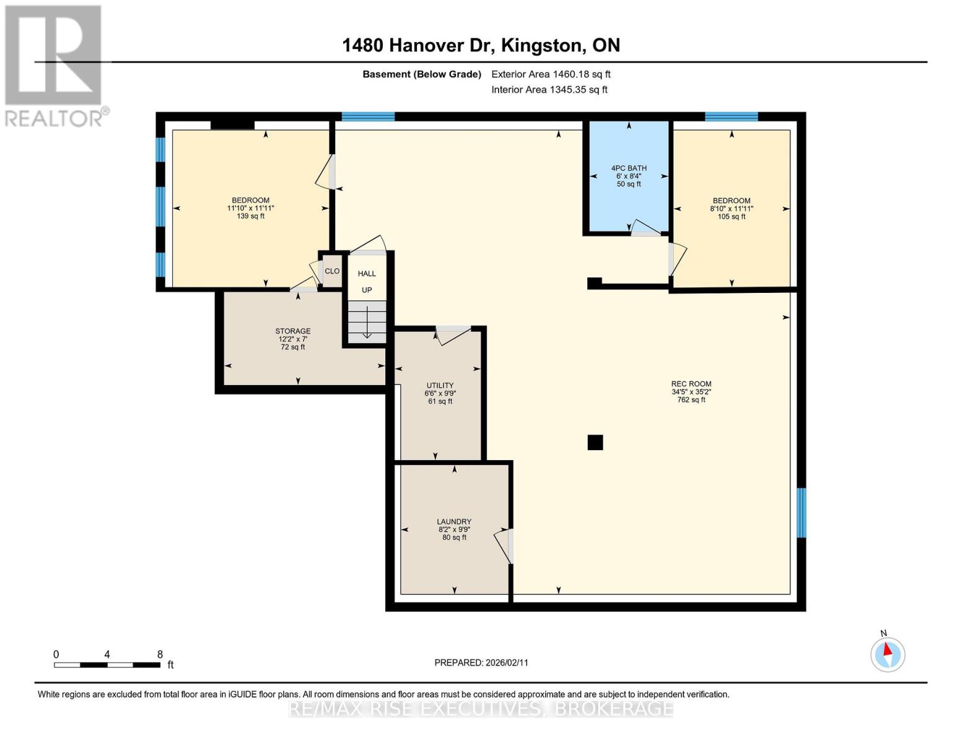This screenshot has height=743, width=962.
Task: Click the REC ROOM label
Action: (691, 384)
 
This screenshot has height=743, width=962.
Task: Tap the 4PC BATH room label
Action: (629, 168)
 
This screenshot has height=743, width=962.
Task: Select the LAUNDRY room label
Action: (454, 522)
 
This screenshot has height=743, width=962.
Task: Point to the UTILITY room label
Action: (440, 385)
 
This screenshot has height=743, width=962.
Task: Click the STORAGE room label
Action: (293, 331)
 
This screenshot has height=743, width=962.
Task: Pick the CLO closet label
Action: (332, 271)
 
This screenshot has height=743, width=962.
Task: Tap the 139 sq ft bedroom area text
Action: (250, 216)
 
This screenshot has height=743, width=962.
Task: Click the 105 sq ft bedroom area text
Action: (732, 217)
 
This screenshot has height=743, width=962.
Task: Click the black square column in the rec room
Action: (595, 442)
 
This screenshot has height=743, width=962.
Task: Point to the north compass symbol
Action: (888, 654)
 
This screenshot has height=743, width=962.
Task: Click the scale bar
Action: (107, 665)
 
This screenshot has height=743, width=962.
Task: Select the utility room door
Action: (453, 335)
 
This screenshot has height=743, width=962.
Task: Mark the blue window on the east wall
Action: (801, 513)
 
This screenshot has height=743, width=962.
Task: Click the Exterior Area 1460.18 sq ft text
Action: (551, 74)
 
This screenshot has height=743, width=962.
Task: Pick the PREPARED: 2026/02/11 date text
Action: (481, 663)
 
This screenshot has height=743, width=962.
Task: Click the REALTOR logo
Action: (55, 65)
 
